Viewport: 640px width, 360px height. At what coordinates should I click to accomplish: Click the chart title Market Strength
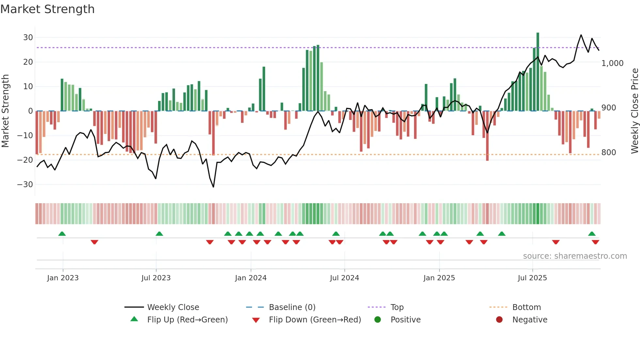tap(47, 9)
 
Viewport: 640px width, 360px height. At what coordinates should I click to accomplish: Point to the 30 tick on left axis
tap(28, 38)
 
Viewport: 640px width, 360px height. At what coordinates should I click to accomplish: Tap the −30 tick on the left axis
tap(25, 185)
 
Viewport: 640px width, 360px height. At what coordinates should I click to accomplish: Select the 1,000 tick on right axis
tap(612, 63)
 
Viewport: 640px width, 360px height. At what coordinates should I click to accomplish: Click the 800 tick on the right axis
tap(609, 153)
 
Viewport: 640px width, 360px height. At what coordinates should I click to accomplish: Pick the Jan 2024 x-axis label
tap(250, 278)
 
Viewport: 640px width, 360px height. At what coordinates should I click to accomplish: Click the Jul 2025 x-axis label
tap(532, 278)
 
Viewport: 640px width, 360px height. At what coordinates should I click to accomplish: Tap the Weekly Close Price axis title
tap(634, 111)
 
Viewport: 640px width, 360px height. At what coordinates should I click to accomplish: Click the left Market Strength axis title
tap(5, 111)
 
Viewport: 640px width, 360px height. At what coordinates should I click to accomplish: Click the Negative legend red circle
tap(499, 320)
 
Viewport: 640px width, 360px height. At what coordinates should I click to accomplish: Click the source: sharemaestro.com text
tap(575, 256)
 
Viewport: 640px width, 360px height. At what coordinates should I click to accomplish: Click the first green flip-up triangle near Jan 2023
tap(62, 234)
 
